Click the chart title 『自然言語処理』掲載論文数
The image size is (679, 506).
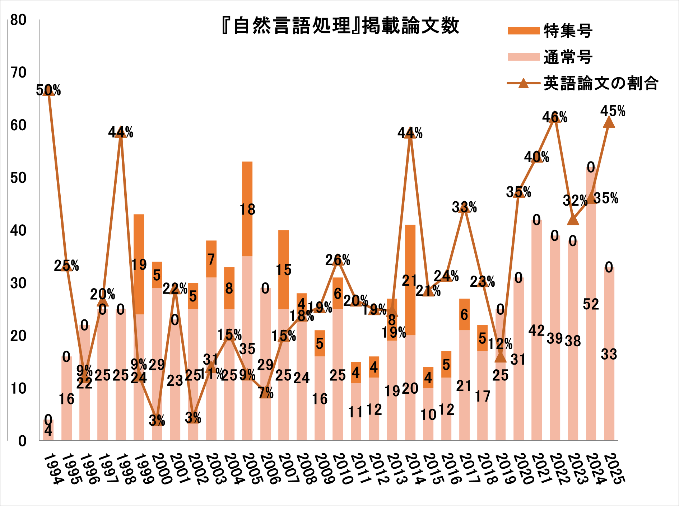340,26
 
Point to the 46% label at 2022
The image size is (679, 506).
555,117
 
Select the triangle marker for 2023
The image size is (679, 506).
573,220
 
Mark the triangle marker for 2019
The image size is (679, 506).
500,357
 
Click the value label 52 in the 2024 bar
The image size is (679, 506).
591,304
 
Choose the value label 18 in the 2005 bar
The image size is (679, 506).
247,210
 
